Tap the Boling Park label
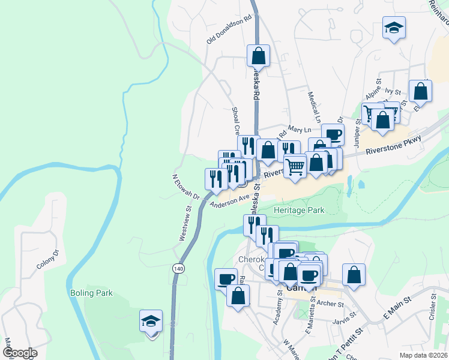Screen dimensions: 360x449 point(91,293)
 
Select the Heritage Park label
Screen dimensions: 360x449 point(298,211)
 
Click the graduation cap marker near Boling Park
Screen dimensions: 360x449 point(150,321)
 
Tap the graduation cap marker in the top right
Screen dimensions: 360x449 point(393,29)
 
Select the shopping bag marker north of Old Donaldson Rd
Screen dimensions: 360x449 point(258,56)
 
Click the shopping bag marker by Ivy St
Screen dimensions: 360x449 point(420,92)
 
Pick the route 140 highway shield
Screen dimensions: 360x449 point(178,268)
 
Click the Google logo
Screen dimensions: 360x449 point(20,353)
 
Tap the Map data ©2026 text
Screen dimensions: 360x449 point(424,355)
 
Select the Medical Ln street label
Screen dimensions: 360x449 point(313,104)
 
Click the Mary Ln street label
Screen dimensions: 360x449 point(300,130)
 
